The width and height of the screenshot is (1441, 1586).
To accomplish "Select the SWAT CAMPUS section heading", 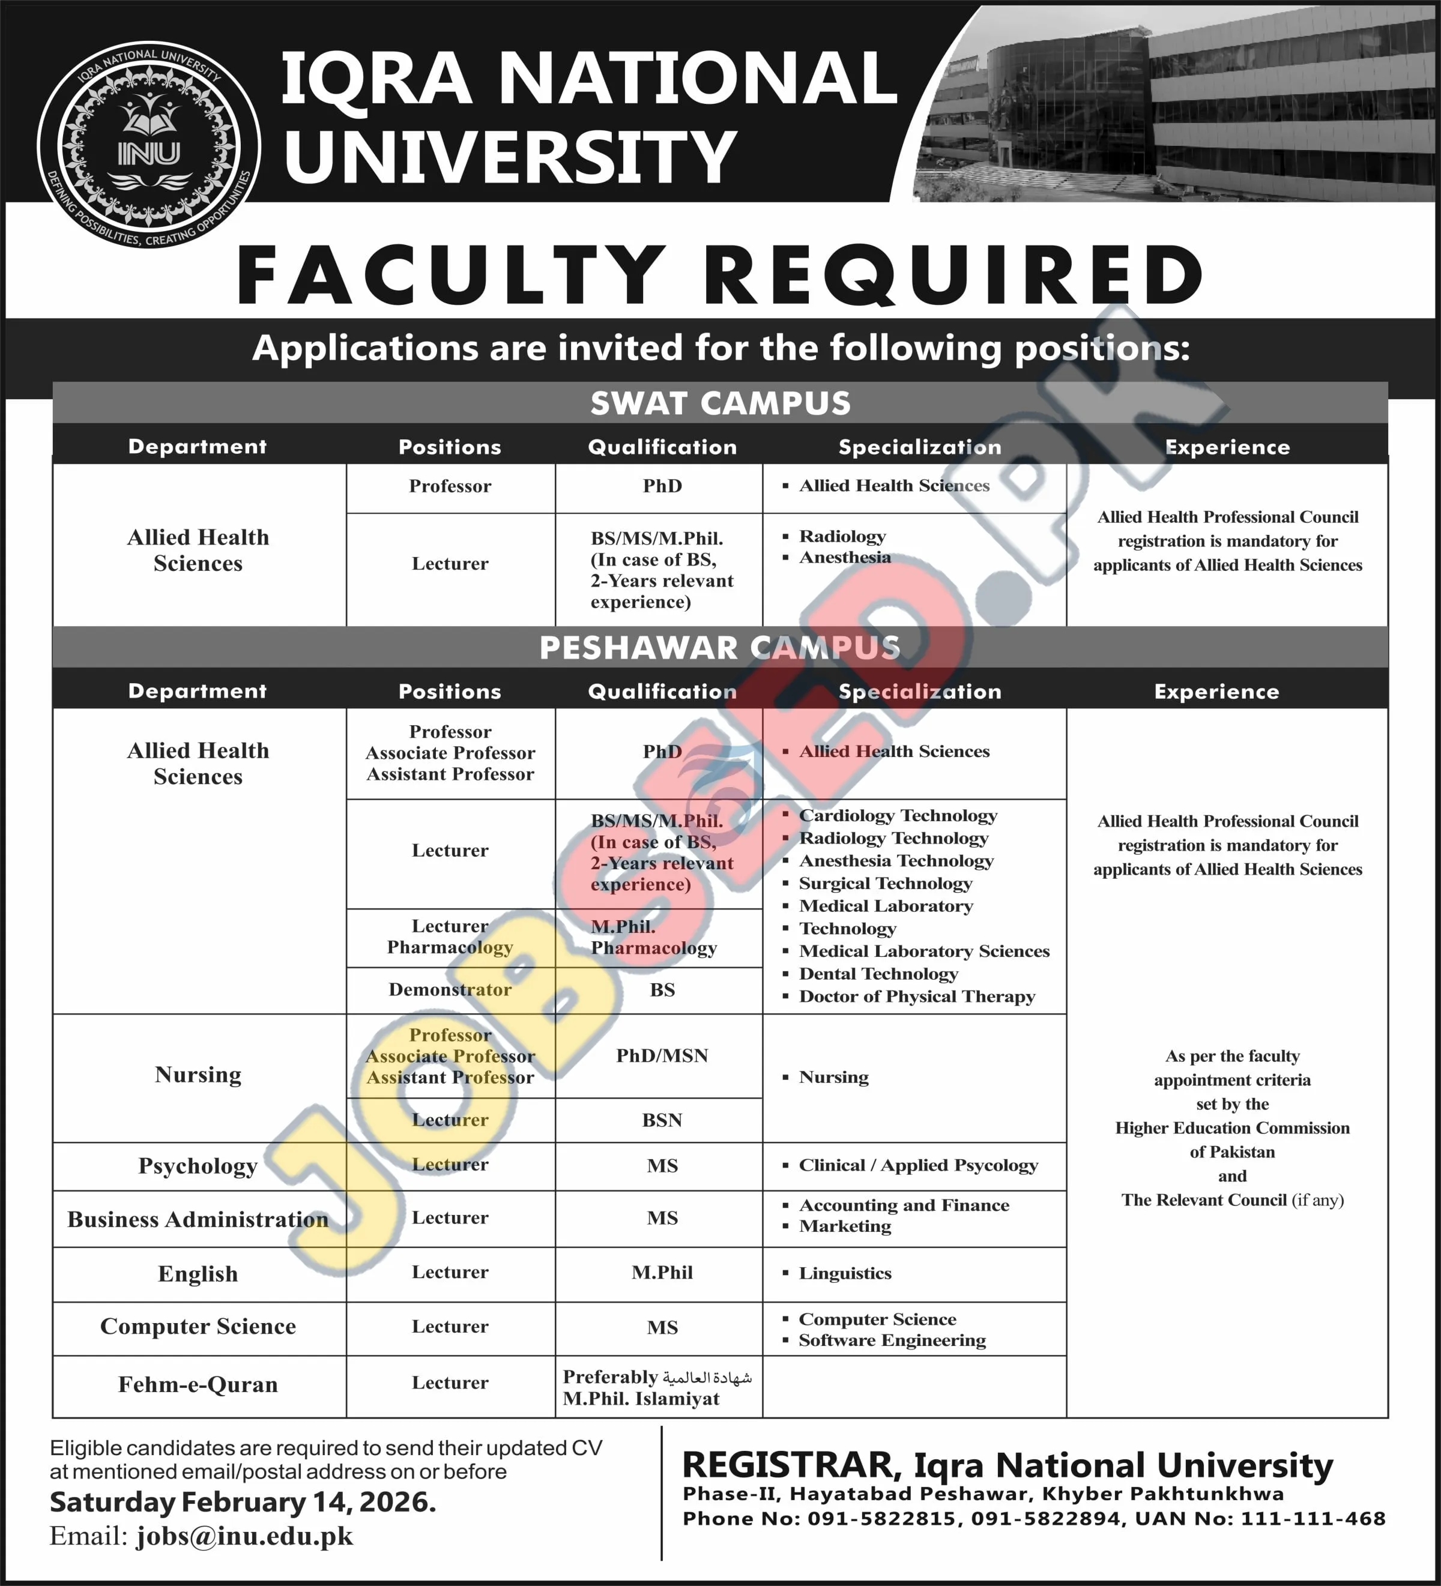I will point(720,403).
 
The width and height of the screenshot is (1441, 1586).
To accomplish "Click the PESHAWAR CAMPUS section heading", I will point(720,648).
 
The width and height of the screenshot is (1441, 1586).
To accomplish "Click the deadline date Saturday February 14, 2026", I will point(243,1502).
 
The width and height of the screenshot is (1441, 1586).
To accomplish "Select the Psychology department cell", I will point(198,1165).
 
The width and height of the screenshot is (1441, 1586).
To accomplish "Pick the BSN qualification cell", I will point(662,1120).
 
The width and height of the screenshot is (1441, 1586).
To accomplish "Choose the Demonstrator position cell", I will point(450,990).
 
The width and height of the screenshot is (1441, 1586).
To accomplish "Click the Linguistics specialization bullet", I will point(844,1273).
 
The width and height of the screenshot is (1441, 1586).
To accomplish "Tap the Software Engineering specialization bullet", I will point(892,1340).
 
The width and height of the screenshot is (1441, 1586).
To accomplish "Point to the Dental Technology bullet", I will point(878,974).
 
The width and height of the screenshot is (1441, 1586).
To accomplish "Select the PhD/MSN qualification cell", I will point(662,1056).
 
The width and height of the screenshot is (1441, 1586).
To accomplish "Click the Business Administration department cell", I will point(198,1219).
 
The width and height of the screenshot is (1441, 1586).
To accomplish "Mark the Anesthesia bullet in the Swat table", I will point(844,558).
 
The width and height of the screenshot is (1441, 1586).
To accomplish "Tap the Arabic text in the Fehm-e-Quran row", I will point(707,1378).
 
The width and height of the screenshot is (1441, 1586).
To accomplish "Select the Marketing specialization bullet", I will point(844,1226).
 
